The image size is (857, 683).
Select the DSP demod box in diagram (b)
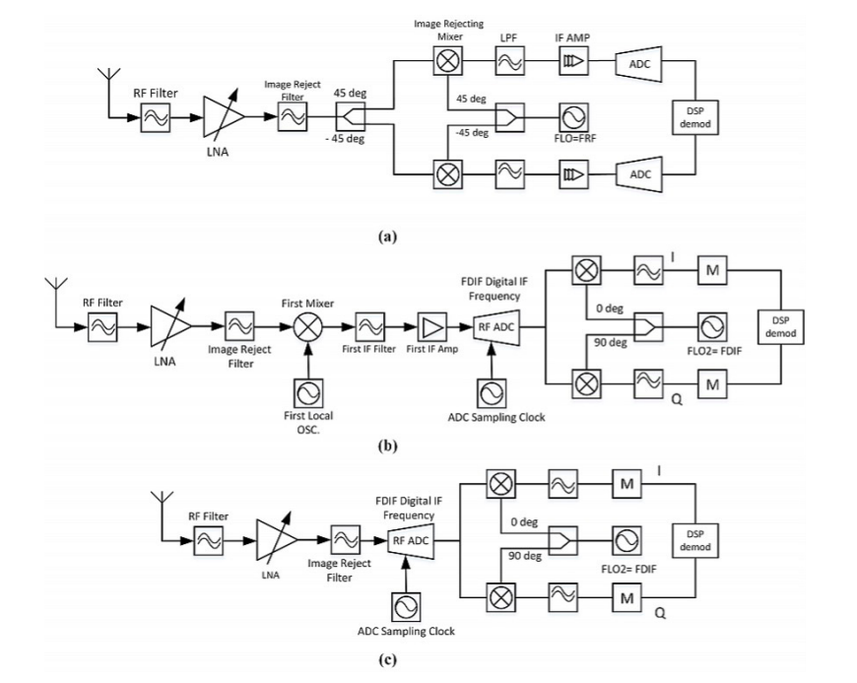780,325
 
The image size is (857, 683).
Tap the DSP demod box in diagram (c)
693,538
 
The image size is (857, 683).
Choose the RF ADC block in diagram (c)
409,539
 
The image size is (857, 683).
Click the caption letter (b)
386,445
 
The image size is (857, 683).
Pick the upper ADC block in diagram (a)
637,65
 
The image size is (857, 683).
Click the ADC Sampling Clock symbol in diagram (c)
407,605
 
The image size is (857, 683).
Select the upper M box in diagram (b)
712,269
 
